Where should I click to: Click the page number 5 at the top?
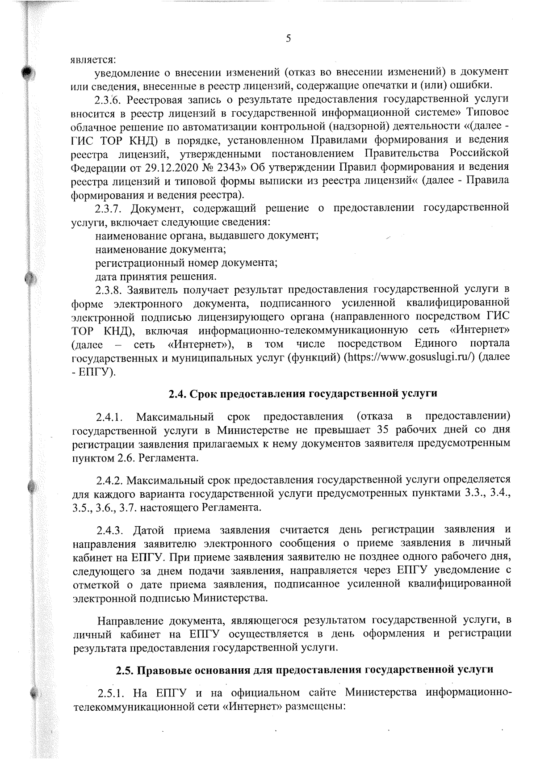(288, 38)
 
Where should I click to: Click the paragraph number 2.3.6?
(109, 99)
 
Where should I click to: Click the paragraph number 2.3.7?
(109, 208)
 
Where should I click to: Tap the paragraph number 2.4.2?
(109, 480)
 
